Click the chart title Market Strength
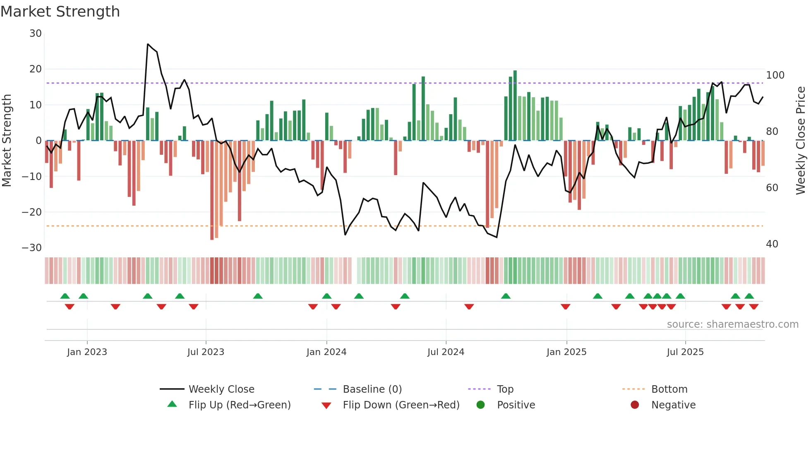point(60,12)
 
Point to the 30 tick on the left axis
point(36,34)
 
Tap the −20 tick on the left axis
point(32,212)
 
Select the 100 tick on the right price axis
point(775,75)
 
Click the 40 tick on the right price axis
point(772,244)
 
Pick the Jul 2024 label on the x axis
point(446,352)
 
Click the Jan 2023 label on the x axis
point(87,352)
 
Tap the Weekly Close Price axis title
point(801,141)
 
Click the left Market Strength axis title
point(7,141)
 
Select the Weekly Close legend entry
point(221,389)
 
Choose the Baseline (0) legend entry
point(372,389)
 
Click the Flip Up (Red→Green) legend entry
point(239,405)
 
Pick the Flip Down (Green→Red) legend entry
point(401,405)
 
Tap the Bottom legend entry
point(669,389)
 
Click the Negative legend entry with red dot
point(673,405)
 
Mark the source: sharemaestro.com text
point(732,324)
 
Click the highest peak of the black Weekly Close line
point(148,44)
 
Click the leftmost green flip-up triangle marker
point(65,296)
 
